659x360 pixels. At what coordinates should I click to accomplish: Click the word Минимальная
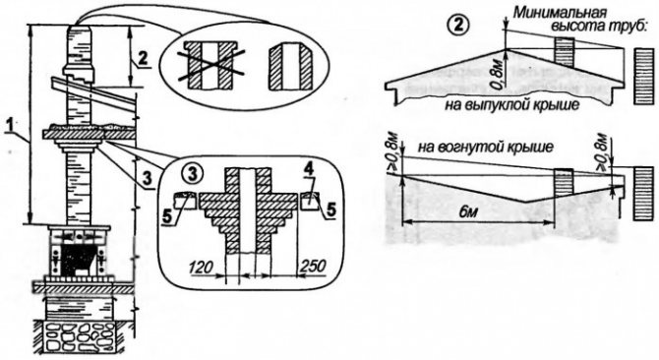coord(549,13)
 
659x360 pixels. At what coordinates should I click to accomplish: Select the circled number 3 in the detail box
coord(193,173)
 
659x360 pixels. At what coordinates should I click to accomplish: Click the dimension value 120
coord(201,268)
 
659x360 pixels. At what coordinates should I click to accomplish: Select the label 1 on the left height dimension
coord(10,126)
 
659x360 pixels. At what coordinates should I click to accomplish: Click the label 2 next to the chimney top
coord(144,59)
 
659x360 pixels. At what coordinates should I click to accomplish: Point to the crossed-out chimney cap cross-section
coord(211,65)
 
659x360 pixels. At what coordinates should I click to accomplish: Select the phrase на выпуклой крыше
coord(511,104)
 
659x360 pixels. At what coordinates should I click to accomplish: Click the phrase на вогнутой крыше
coord(486,147)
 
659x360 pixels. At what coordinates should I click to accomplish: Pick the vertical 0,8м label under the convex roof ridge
coord(499,74)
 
